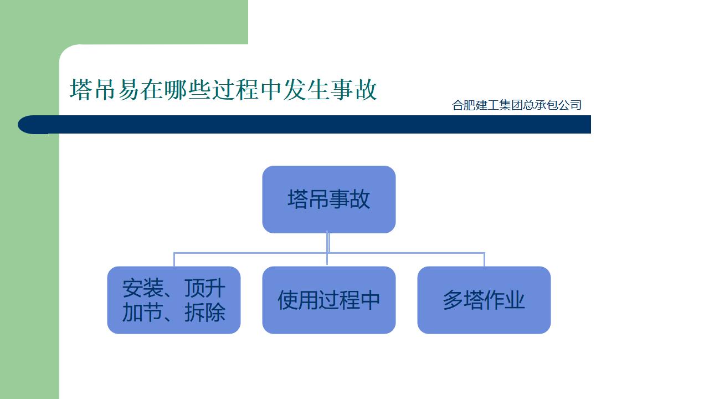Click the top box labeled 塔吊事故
click(328, 199)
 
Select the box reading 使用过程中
click(328, 300)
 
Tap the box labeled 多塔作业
click(484, 300)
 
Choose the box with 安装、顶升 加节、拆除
click(173, 300)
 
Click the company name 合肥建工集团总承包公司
click(516, 105)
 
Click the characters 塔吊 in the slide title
click(93, 90)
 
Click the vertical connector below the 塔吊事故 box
click(328, 243)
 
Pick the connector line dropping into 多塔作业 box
click(484, 259)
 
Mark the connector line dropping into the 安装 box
click(174, 259)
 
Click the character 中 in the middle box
click(370, 300)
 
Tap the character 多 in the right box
click(453, 300)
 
